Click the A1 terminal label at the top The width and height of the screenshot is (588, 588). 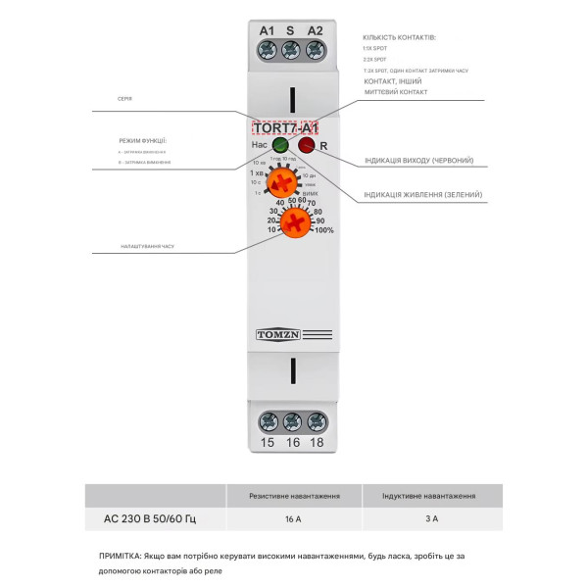(x=267, y=30)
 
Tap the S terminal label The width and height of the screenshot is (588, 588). (x=290, y=30)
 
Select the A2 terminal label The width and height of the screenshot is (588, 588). (x=315, y=30)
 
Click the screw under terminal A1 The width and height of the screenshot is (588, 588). (x=267, y=49)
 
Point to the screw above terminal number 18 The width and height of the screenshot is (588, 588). (x=317, y=421)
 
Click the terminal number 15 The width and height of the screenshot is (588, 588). (x=267, y=442)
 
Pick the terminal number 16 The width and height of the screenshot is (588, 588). (x=291, y=442)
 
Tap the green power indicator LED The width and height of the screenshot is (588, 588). (x=280, y=146)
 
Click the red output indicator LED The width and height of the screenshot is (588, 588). (x=307, y=146)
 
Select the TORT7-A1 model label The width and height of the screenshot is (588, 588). (x=284, y=127)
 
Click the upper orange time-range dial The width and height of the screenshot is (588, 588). (x=283, y=182)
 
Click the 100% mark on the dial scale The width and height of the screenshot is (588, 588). (x=323, y=230)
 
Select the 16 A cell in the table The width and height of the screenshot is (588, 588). (x=293, y=516)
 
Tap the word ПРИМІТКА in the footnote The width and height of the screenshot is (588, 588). (x=120, y=556)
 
